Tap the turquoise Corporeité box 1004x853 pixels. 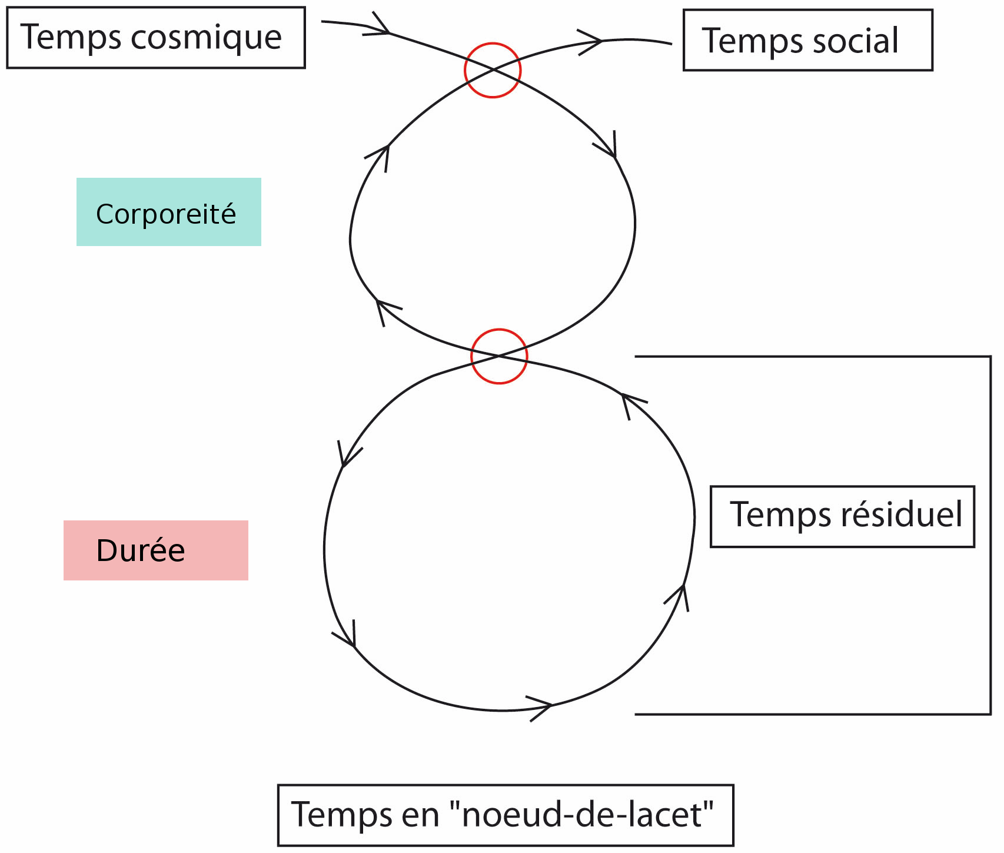coord(168,212)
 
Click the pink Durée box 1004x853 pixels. coord(155,550)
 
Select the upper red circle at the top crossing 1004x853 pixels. coord(493,70)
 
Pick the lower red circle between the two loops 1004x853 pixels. coord(499,356)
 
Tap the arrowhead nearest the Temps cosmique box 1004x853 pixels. coord(380,27)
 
